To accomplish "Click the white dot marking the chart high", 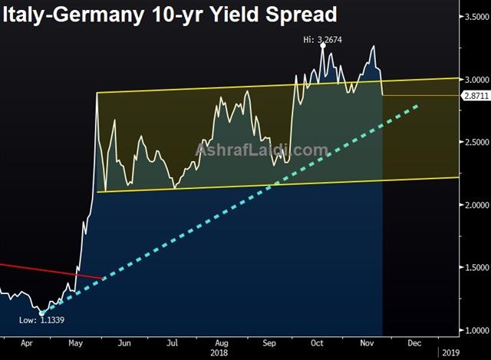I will [x=323, y=46].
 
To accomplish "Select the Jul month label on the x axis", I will [x=173, y=345].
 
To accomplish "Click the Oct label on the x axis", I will [x=315, y=345].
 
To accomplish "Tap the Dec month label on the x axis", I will [x=412, y=345].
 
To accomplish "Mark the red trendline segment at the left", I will [x=50, y=270].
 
